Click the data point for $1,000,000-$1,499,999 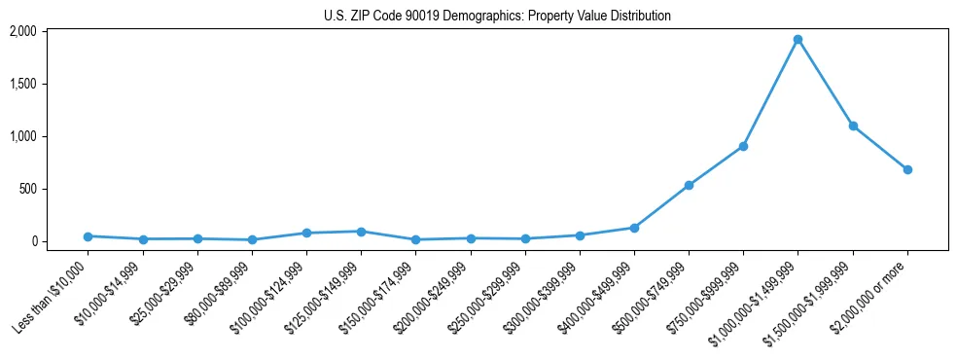(x=797, y=40)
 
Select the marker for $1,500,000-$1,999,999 (x=853, y=126)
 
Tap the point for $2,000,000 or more (x=907, y=169)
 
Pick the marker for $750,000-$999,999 (x=743, y=146)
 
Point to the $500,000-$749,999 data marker (x=689, y=185)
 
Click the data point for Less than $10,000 (x=89, y=236)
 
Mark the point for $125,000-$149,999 (x=361, y=232)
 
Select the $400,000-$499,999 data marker (x=634, y=228)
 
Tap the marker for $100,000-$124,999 (x=306, y=233)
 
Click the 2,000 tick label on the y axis (x=22, y=31)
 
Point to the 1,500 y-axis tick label (x=22, y=84)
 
